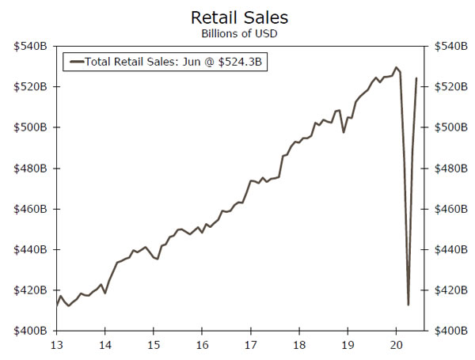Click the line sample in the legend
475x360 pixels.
pos(75,61)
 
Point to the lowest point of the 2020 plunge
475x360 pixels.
pos(408,305)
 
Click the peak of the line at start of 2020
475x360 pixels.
pos(396,67)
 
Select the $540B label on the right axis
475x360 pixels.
pos(444,46)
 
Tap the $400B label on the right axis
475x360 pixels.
pos(444,331)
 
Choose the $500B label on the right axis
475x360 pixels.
pos(444,127)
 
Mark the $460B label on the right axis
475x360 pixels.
pos(444,209)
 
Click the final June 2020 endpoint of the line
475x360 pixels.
pos(417,78)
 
